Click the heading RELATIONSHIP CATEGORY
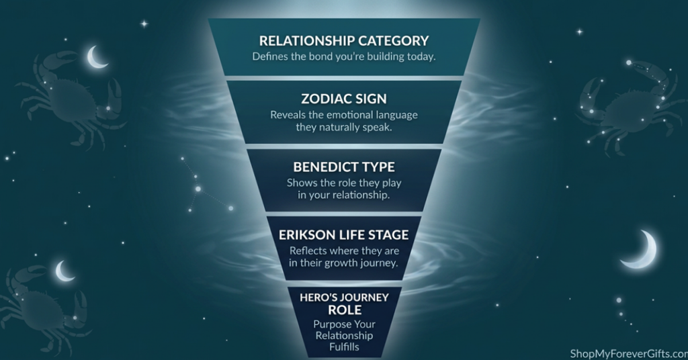[x=344, y=41]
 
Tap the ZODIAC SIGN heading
[x=344, y=99]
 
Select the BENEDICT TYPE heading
[x=344, y=167]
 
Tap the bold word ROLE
[x=345, y=310]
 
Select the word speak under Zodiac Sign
[x=377, y=128]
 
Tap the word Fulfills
[x=345, y=347]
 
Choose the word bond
[x=320, y=57]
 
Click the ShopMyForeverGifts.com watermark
[x=629, y=353]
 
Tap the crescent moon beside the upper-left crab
[x=96, y=57]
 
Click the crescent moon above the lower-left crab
[x=64, y=271]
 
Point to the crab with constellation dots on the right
[x=628, y=107]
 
